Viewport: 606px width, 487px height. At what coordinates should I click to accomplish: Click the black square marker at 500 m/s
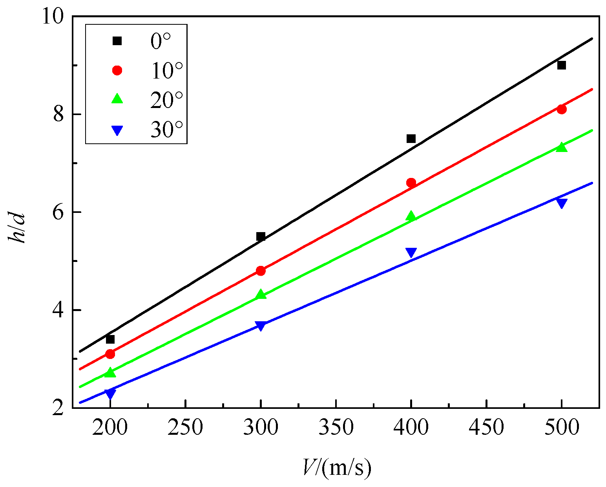pos(562,65)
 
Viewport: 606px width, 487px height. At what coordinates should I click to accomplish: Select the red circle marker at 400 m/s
pos(411,183)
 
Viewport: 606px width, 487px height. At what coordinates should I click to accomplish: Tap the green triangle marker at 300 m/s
pos(261,295)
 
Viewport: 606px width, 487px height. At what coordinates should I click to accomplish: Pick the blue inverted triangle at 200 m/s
pos(110,393)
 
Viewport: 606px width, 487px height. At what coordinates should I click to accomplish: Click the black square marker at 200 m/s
pos(110,339)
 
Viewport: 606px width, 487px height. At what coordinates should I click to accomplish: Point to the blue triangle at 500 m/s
pos(562,203)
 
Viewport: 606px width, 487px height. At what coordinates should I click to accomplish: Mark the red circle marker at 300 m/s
pos(261,271)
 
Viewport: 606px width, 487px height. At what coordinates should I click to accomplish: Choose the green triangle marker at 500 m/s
pos(562,147)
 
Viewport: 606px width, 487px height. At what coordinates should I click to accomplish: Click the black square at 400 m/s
pos(411,139)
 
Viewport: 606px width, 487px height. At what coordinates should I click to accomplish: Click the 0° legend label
pos(161,41)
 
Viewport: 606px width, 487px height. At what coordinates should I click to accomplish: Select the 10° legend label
pos(166,71)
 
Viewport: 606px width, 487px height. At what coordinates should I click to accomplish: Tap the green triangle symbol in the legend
pos(117,99)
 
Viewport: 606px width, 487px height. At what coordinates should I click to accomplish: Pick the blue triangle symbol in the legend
pos(117,130)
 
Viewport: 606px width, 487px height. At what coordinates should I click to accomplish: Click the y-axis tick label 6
pos(58,212)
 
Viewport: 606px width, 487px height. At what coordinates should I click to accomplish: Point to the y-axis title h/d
pos(18,228)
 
